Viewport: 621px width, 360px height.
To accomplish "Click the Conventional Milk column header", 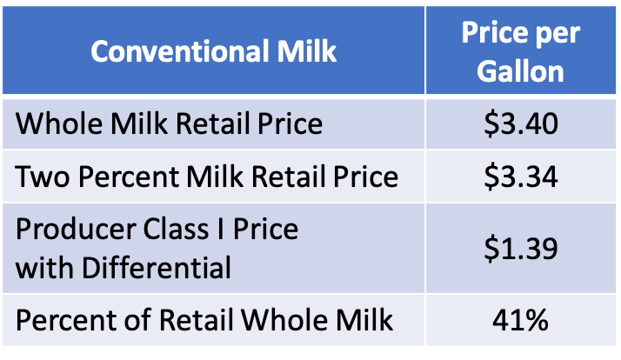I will point(213,51).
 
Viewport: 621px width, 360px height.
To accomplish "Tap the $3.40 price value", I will point(520,123).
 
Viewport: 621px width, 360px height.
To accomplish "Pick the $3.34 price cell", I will point(520,177).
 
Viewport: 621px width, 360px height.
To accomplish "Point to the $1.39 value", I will point(520,248).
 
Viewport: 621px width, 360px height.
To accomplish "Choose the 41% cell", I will point(520,321).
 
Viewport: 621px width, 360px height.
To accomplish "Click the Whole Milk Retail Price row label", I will point(169,123).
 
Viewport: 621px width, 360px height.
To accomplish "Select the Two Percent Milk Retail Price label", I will point(207,177).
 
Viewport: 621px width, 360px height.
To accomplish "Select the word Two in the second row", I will point(38,177).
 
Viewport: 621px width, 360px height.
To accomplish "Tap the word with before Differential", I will point(43,267).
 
